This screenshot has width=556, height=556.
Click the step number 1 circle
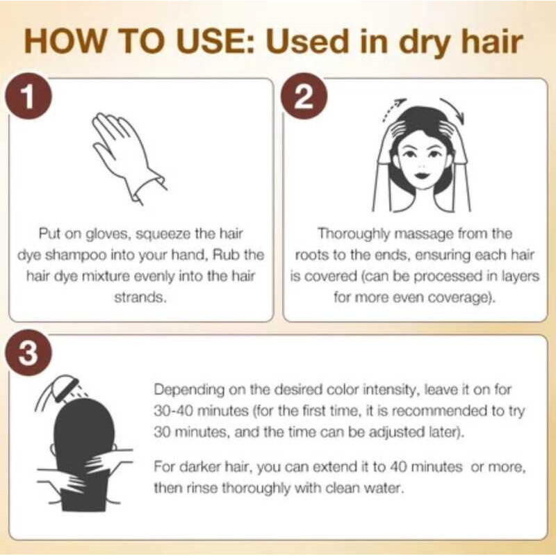coord(28,96)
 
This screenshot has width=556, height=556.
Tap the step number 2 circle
coord(304,96)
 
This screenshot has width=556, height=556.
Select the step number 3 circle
coord(28,352)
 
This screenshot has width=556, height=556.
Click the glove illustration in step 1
coord(127,158)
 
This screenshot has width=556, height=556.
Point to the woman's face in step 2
coord(422,161)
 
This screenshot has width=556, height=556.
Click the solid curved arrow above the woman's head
coord(455,109)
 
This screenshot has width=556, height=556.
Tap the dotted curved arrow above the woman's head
coord(393,109)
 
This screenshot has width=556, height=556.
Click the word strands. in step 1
coord(140,297)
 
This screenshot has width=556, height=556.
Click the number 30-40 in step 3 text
coord(173,411)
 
